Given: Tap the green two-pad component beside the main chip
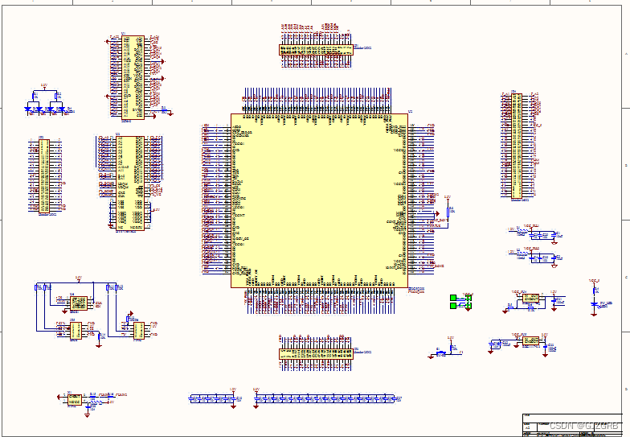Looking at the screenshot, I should click(459, 301).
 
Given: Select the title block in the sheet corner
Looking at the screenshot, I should click(571, 425).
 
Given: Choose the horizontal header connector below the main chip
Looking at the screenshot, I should click(316, 352).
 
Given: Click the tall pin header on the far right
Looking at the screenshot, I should click(516, 146).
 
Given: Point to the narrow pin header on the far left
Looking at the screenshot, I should click(44, 175).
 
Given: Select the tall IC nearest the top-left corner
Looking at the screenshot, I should click(138, 77).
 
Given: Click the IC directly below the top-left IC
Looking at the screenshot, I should click(129, 182).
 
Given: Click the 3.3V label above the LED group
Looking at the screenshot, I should click(44, 85).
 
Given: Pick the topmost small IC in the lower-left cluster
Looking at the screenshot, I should click(78, 303).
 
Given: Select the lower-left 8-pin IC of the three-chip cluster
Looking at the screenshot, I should click(72, 331).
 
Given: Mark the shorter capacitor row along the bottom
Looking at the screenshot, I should click(211, 398).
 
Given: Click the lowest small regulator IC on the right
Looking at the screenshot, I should click(530, 341).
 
